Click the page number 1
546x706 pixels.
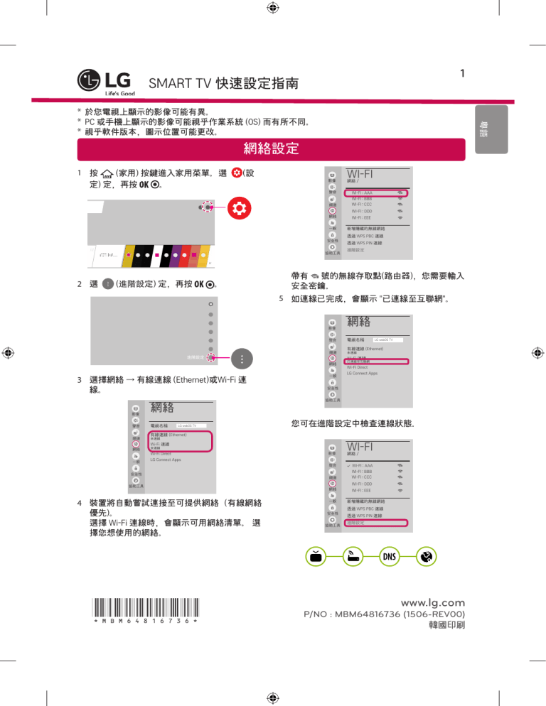tap(462, 74)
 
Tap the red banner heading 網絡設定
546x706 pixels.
tap(270, 150)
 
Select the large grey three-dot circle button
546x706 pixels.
tap(242, 358)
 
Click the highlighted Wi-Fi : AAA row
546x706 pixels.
tap(377, 192)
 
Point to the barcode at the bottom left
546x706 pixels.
tap(145, 609)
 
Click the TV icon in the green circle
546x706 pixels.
tap(318, 557)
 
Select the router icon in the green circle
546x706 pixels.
tap(353, 557)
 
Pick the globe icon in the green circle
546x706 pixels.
tap(425, 557)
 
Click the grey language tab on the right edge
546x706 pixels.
tap(483, 128)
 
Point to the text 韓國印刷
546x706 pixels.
tap(441, 628)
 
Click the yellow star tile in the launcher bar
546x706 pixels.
tap(128, 254)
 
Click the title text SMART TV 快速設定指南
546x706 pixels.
tap(223, 84)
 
